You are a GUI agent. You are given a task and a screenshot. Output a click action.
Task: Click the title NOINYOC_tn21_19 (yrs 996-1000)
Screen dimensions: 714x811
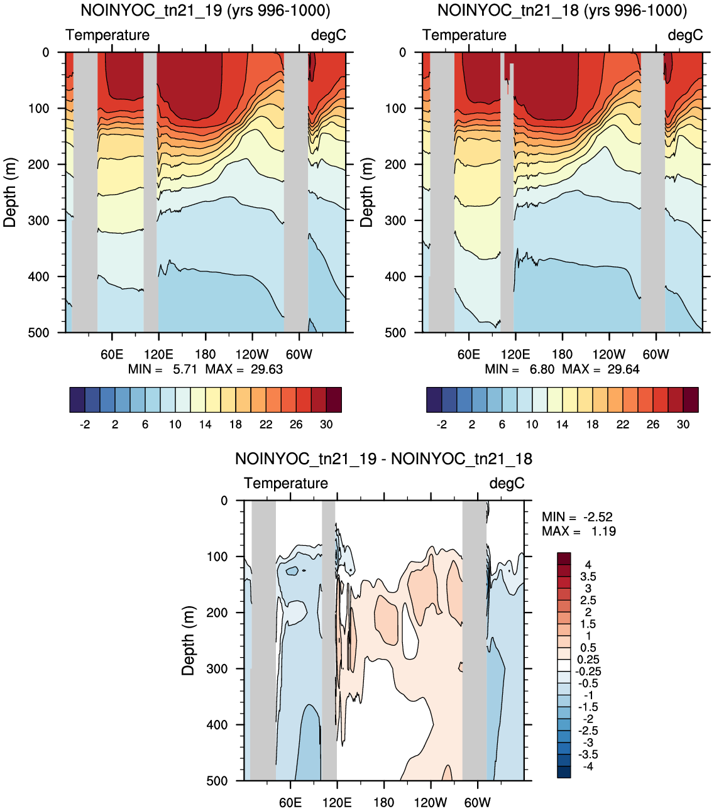(x=206, y=11)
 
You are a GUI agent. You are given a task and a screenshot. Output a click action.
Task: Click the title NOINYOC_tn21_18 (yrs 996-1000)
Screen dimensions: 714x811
(x=563, y=11)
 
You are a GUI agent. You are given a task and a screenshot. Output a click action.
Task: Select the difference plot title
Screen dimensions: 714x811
(x=383, y=459)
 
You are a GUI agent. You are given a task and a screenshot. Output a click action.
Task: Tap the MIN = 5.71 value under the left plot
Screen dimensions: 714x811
(x=162, y=369)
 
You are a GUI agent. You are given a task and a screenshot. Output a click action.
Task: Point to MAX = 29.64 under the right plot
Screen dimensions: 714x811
(x=601, y=369)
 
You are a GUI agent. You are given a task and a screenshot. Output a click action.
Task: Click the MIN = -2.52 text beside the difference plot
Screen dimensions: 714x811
(x=577, y=517)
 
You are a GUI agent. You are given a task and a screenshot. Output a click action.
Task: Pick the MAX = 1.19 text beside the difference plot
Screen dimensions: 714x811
(x=579, y=531)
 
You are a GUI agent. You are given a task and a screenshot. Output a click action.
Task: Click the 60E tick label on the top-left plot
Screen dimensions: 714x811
(x=112, y=354)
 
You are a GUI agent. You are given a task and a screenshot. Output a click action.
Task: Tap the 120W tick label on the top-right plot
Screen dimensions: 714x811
(x=608, y=354)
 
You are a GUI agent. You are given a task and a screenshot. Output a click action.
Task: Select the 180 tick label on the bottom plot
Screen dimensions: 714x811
(x=383, y=803)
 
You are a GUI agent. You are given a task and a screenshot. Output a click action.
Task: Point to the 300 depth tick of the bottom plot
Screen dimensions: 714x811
(x=217, y=668)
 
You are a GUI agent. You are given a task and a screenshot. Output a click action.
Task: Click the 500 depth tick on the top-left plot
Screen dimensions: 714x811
(x=38, y=333)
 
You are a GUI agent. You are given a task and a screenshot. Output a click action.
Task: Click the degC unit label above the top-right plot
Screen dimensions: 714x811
(x=685, y=35)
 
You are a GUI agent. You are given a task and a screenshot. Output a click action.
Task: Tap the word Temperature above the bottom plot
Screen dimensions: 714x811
(x=286, y=483)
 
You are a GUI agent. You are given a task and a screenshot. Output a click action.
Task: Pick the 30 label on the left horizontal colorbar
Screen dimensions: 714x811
(x=326, y=424)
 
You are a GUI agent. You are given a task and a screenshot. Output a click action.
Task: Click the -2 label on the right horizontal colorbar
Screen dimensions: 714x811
(x=441, y=424)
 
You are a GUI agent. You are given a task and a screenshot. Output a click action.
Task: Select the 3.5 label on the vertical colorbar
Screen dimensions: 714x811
(x=588, y=577)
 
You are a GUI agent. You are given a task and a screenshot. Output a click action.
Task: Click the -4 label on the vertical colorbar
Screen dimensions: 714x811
(x=588, y=766)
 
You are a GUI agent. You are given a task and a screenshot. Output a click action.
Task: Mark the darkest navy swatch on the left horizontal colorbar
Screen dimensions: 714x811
(x=77, y=400)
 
